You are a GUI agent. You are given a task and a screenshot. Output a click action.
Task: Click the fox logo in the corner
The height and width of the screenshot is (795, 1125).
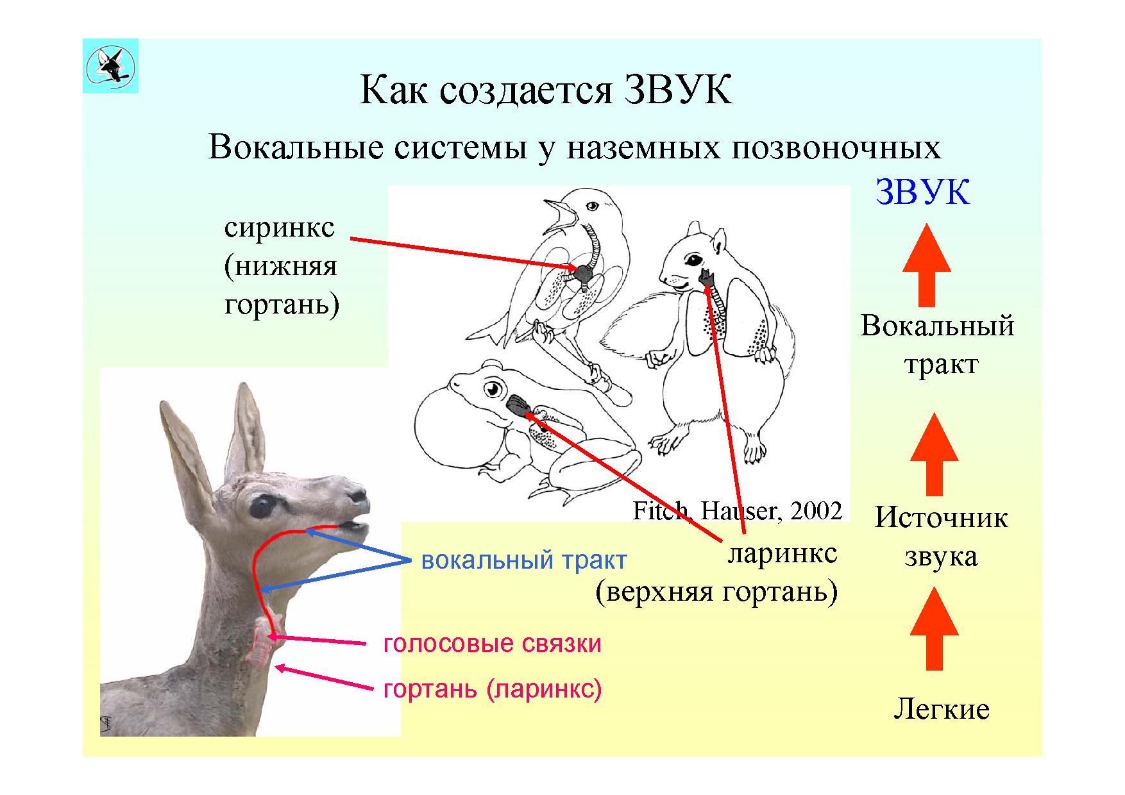pyautogui.click(x=110, y=65)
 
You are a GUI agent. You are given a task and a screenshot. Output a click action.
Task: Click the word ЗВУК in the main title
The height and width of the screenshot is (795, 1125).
pyautogui.click(x=677, y=90)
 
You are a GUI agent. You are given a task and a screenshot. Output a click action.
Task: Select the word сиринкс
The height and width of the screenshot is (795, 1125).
pyautogui.click(x=280, y=228)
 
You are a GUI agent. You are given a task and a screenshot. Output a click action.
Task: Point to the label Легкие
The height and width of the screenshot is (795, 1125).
pyautogui.click(x=941, y=708)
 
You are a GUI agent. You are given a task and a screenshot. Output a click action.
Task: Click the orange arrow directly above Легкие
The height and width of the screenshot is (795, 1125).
pyautogui.click(x=935, y=629)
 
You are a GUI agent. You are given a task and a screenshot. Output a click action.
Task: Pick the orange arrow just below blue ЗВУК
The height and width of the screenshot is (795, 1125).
pyautogui.click(x=926, y=264)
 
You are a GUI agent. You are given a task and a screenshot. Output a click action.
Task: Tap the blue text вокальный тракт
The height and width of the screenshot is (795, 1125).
pyautogui.click(x=523, y=560)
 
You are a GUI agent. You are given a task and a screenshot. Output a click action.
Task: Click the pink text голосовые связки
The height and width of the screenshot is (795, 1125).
pyautogui.click(x=493, y=643)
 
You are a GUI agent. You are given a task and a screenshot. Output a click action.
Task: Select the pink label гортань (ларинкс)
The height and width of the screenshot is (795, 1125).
pyautogui.click(x=493, y=689)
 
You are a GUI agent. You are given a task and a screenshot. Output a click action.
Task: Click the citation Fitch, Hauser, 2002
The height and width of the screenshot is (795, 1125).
pyautogui.click(x=737, y=511)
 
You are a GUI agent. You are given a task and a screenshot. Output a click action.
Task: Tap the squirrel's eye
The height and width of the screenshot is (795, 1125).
pyautogui.click(x=695, y=260)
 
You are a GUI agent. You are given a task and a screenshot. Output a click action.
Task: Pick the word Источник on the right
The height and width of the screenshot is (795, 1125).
pyautogui.click(x=941, y=517)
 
